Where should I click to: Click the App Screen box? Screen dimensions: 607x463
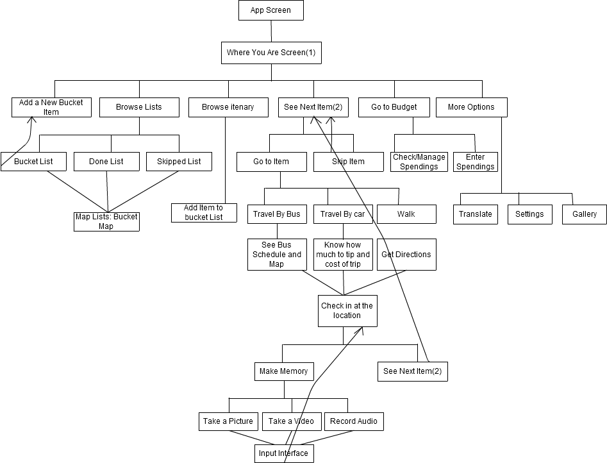coord(271,10)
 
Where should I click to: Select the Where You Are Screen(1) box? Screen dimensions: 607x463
coord(271,53)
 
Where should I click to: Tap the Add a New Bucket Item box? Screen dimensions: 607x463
coord(51,107)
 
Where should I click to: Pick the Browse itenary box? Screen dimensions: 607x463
coord(228,107)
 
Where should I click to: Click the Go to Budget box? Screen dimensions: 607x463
coord(394,107)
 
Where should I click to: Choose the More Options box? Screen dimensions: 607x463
coord(472,107)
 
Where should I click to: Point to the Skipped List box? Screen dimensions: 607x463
coord(179,162)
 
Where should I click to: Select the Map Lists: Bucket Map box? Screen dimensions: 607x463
coord(106,222)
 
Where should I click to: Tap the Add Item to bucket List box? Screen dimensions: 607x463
coord(204,213)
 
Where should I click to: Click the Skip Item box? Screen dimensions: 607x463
coord(349,162)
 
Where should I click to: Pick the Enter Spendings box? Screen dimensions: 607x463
coord(476,162)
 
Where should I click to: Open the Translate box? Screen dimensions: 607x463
coord(476,214)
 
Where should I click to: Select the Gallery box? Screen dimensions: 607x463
coord(585,214)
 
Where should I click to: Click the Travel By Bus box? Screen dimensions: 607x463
coord(277,214)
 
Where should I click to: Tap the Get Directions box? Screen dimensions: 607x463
coord(406,255)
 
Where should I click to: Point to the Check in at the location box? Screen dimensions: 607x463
coord(347,311)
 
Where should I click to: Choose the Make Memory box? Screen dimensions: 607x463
coord(284,371)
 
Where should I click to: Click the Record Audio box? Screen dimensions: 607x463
coord(354,421)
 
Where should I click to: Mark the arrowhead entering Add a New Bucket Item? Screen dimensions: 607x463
coord(31,119)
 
